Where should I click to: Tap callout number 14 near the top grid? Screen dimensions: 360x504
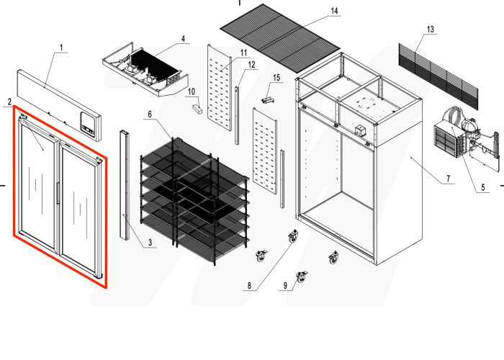(333, 12)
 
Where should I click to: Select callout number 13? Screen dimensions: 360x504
(430, 29)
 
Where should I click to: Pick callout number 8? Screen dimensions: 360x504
(249, 287)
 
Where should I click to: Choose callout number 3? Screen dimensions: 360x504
(150, 243)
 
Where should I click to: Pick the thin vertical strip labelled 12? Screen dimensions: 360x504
(235, 112)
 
